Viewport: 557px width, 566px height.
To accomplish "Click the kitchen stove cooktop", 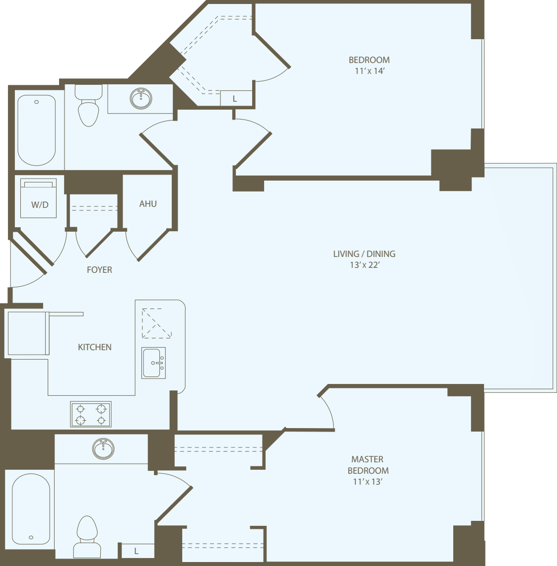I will click(x=91, y=414).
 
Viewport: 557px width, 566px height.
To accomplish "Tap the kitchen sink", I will click(x=153, y=363).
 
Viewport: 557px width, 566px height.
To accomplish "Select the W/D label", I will click(x=40, y=205).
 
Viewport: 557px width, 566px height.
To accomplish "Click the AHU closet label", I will click(x=148, y=203).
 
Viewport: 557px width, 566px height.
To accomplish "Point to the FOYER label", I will click(x=99, y=270).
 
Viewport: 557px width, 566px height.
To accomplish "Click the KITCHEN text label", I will click(x=95, y=347).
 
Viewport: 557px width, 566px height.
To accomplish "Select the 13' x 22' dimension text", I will click(x=364, y=265).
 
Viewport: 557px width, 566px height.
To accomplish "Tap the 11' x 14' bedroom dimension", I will click(x=369, y=71).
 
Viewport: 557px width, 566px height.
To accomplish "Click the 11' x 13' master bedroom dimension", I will click(x=367, y=482).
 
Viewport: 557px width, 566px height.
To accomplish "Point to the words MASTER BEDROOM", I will click(x=368, y=465).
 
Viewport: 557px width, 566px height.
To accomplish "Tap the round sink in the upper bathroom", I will click(x=141, y=98).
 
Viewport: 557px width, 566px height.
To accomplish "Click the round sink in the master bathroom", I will click(x=103, y=448).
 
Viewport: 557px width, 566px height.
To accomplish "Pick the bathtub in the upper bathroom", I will click(x=36, y=130).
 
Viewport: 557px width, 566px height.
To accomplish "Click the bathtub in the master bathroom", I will click(x=31, y=508).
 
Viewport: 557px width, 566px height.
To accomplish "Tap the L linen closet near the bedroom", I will click(x=235, y=98).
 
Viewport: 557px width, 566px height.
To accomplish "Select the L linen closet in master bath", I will click(x=137, y=551).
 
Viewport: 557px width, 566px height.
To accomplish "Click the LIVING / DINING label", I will click(x=364, y=254).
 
